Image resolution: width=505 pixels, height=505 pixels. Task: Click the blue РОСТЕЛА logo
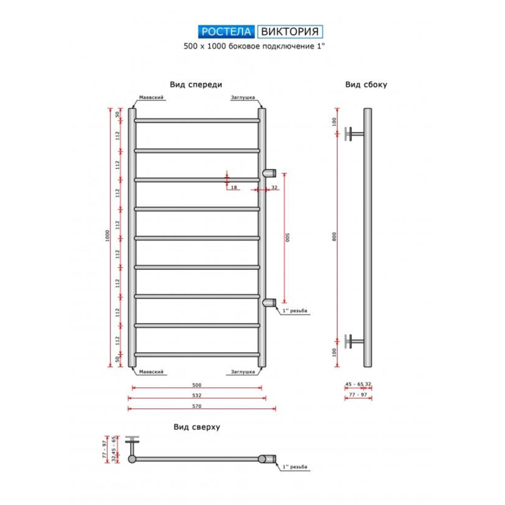click(x=226, y=32)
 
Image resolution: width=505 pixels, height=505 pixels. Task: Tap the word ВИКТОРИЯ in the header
click(x=290, y=32)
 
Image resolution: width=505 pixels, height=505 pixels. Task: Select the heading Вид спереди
click(x=196, y=85)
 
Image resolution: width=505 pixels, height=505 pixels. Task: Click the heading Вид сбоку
click(x=366, y=85)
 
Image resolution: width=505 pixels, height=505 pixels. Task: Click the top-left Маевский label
click(x=151, y=97)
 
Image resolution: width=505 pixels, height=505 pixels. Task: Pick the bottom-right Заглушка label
click(x=243, y=372)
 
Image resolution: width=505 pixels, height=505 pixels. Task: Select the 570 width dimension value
click(x=197, y=406)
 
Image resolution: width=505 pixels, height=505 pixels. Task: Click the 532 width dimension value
click(x=197, y=395)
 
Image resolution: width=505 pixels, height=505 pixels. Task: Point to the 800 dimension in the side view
click(x=334, y=236)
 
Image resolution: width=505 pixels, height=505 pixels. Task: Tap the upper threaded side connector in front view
click(x=269, y=173)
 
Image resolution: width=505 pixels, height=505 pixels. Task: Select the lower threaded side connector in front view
click(x=269, y=302)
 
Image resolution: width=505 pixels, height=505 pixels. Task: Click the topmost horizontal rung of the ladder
click(x=197, y=120)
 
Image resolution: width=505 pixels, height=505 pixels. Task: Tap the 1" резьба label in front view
click(x=295, y=311)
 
